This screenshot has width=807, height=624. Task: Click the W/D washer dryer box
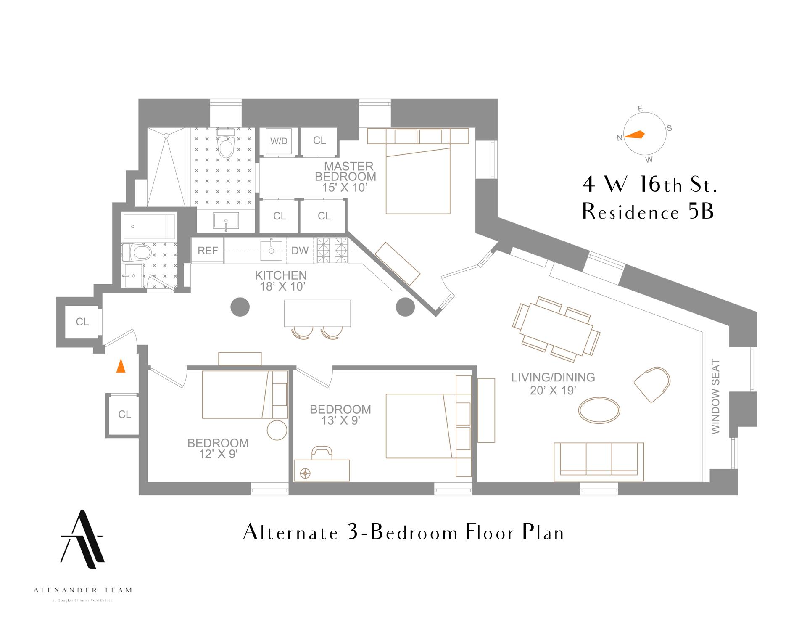pos(279,141)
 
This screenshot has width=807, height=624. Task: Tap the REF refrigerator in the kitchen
pos(208,251)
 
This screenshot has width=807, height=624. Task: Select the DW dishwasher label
pos(300,251)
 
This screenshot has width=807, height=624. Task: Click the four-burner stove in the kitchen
pos(332,251)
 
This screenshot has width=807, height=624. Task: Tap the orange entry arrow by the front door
pos(121,366)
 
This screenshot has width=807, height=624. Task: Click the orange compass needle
pos(635,135)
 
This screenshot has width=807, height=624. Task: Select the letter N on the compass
pos(619,138)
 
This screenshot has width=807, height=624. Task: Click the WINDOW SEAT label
pos(715,397)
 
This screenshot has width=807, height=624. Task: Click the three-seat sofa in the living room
pos(599,462)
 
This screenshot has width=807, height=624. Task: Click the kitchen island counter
pos(317,313)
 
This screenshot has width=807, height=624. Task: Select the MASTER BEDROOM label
pos(345,172)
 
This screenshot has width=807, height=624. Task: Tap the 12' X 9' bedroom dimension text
pos(219,454)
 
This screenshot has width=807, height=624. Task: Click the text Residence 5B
pos(648,212)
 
